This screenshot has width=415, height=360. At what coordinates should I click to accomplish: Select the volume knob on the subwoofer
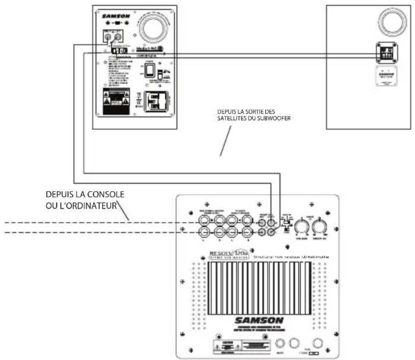pyautogui.click(x=303, y=227)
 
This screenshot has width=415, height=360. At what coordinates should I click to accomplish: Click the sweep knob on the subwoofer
pyautogui.click(x=319, y=227)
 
